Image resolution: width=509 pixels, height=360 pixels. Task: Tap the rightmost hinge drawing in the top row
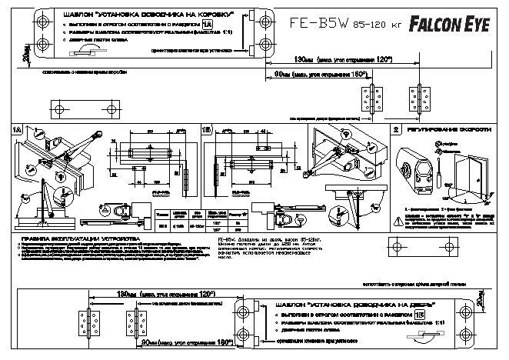pos(421,100)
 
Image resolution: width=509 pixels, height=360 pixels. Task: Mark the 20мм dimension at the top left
pos(25,52)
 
